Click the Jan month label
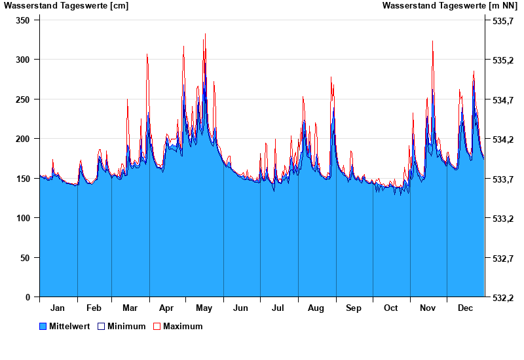58,308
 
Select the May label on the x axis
204,308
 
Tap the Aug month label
316,308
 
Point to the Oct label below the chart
390,308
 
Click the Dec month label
465,308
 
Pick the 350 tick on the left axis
23,20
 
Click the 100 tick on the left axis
23,218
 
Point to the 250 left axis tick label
23,99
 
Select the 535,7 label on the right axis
502,21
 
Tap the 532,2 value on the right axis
502,298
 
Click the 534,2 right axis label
502,139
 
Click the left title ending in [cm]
66,6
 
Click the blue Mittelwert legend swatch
43,326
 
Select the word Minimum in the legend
126,326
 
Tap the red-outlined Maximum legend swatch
157,326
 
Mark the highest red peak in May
205,34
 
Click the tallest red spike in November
432,41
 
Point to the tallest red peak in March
147,54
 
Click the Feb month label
94,308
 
